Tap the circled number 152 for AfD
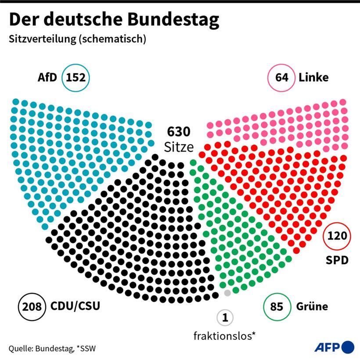(76, 78)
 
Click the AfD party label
(47, 78)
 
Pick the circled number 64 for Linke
(281, 78)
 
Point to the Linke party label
(313, 78)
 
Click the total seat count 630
(179, 132)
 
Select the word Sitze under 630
(179, 147)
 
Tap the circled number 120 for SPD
(337, 237)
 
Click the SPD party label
(337, 260)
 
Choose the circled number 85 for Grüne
(277, 306)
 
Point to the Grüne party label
(312, 306)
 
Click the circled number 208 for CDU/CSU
(32, 306)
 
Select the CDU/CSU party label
(75, 305)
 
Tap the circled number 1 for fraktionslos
(225, 317)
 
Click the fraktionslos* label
(225, 336)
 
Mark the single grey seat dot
(227, 293)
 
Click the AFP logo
(334, 347)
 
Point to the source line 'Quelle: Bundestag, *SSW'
(52, 349)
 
